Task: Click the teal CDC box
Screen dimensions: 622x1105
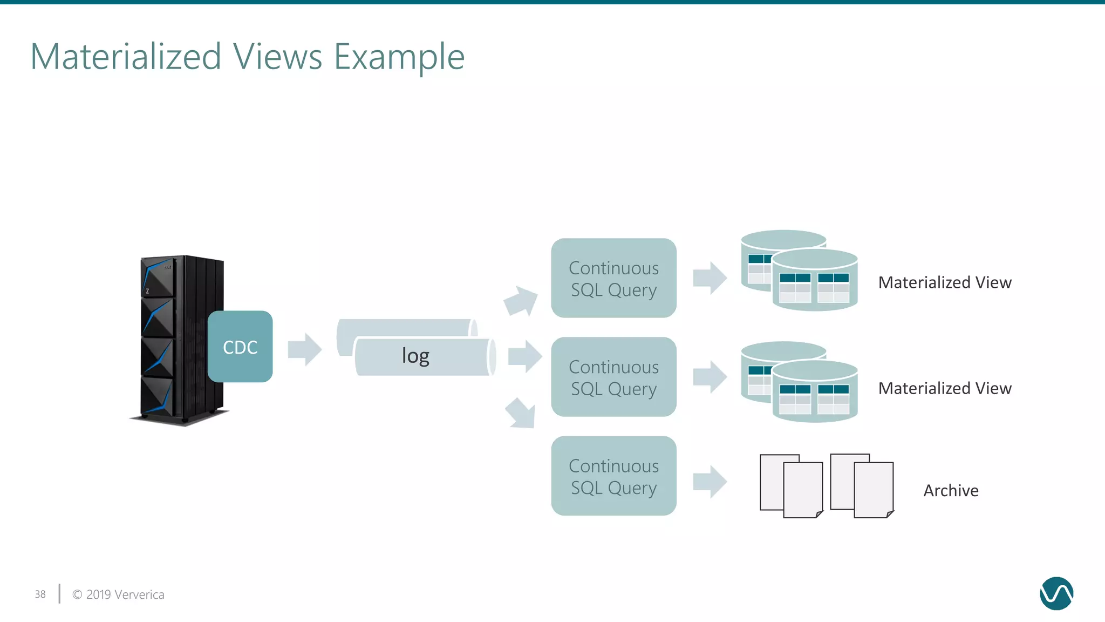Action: coord(240,347)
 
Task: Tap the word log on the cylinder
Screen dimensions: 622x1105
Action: coord(415,356)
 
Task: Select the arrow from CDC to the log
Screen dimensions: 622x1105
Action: coord(305,349)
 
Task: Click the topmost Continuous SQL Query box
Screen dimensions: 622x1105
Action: coord(613,278)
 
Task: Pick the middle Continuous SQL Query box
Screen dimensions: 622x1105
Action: coord(613,377)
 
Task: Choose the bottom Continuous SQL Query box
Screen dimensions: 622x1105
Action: coord(613,476)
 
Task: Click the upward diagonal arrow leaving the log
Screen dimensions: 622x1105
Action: coord(521,301)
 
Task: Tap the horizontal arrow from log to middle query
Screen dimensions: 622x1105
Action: coord(525,356)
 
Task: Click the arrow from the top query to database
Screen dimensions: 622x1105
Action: coord(710,278)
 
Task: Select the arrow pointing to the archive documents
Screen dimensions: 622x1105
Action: coord(710,481)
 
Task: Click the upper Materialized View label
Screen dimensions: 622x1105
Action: coord(945,282)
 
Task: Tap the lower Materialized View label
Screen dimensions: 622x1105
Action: coord(945,388)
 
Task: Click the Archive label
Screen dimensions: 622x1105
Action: coord(951,490)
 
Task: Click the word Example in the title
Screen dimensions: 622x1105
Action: coord(399,57)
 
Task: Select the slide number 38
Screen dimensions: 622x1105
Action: coord(40,594)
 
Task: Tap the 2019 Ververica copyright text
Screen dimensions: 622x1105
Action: coord(119,594)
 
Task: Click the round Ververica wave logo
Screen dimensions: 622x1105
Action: coord(1056,593)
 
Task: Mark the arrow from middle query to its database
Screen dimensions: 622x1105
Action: coord(710,376)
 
